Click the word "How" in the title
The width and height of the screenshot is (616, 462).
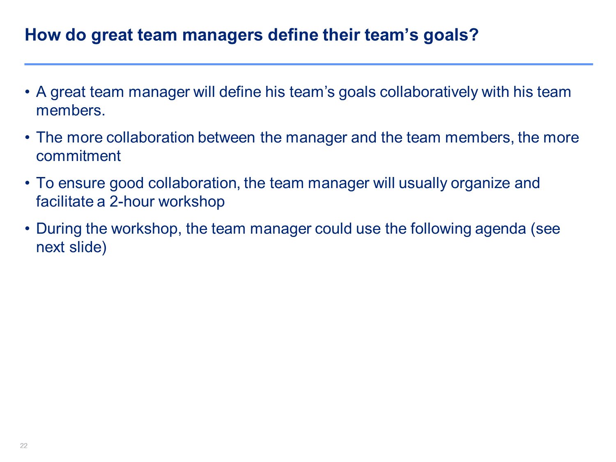pyautogui.click(x=43, y=35)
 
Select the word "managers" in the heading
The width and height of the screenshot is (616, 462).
pyautogui.click(x=223, y=36)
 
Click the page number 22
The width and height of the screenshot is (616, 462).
pyautogui.click(x=24, y=446)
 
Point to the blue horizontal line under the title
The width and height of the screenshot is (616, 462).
pyautogui.click(x=309, y=64)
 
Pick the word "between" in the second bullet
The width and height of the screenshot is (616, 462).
pyautogui.click(x=226, y=138)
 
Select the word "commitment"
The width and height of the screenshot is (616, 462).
pyautogui.click(x=78, y=156)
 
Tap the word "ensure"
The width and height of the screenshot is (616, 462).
pyautogui.click(x=81, y=184)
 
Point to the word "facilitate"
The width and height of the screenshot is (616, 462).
pyautogui.click(x=64, y=202)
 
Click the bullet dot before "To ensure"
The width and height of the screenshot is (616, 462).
pyautogui.click(x=27, y=183)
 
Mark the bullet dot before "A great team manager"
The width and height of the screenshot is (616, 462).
pyautogui.click(x=27, y=92)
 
